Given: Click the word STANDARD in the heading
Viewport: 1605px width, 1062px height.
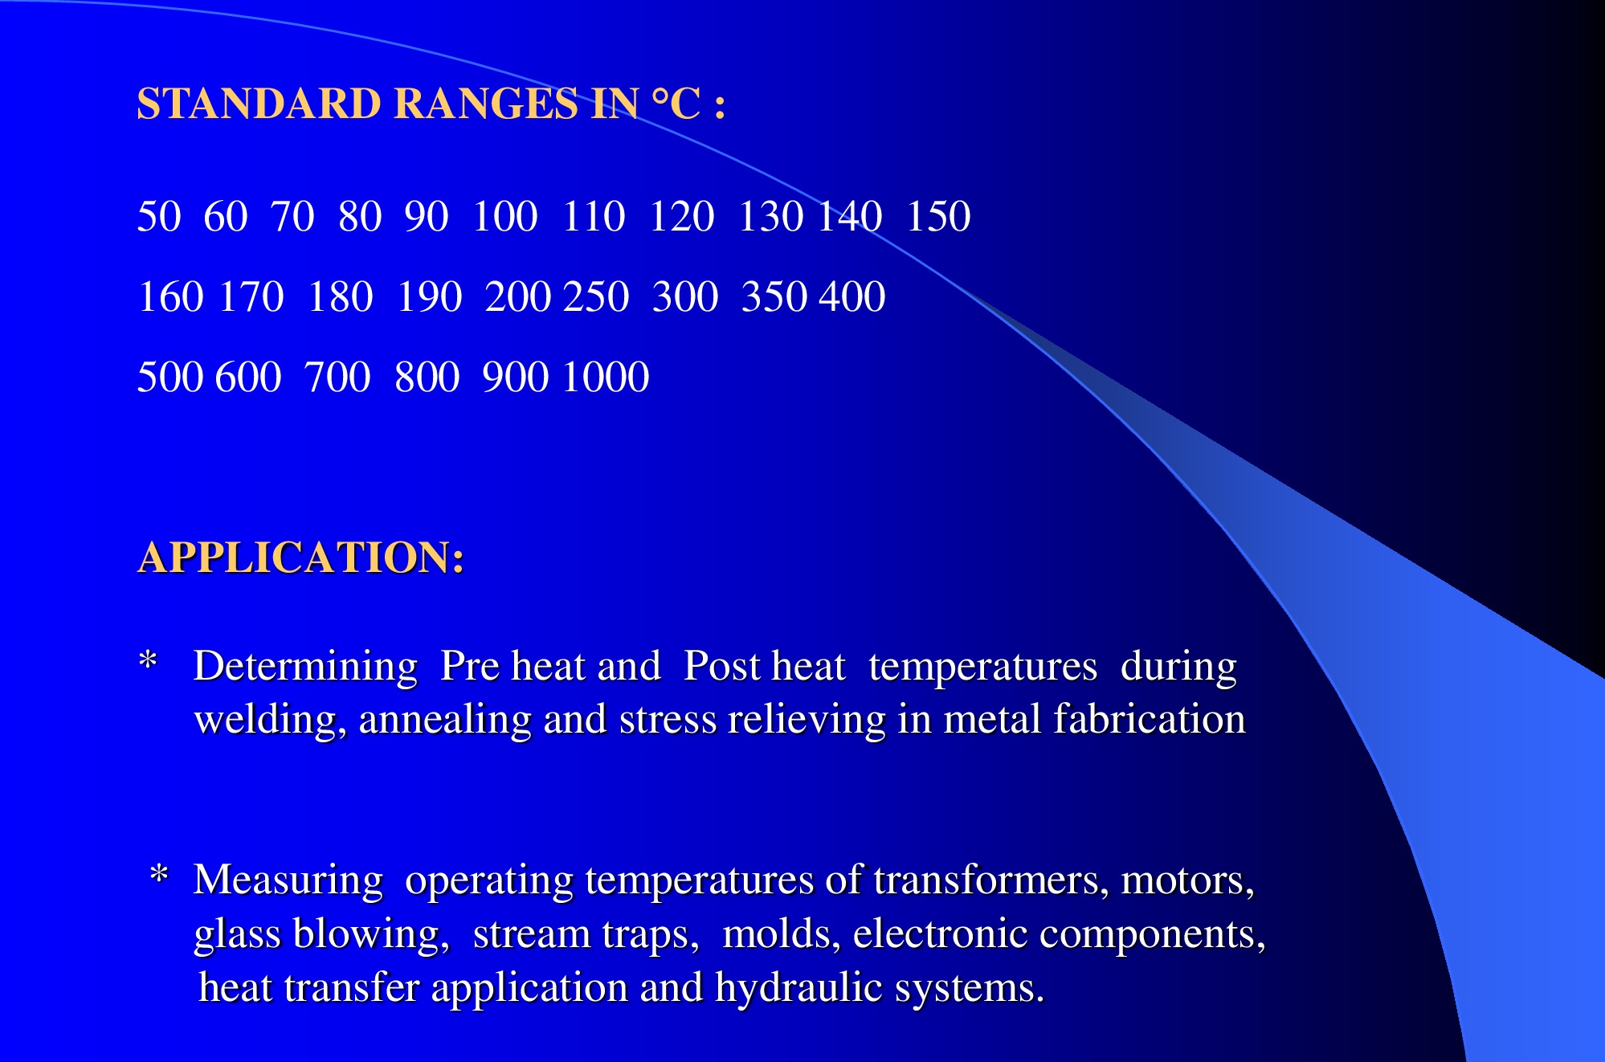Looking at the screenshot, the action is [x=259, y=104].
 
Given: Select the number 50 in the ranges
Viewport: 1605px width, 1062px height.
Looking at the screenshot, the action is [x=159, y=216].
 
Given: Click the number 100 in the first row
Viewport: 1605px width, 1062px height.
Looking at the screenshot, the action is [x=504, y=216].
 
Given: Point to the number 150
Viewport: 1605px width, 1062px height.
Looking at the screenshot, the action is [x=938, y=216].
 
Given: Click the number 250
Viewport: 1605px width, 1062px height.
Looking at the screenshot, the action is [x=597, y=296].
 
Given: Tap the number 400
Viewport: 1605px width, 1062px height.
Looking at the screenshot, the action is [x=852, y=296].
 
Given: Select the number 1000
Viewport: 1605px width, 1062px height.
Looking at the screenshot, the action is [x=606, y=377].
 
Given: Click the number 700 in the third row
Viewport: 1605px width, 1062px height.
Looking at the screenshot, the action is [x=338, y=377].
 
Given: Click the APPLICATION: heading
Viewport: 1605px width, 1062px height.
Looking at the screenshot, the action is [x=301, y=557].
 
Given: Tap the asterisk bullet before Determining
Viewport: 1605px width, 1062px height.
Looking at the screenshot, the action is [x=148, y=661].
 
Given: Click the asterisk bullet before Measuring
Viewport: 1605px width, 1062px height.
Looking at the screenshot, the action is [x=159, y=874].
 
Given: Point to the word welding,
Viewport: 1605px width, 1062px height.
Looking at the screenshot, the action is [x=271, y=719].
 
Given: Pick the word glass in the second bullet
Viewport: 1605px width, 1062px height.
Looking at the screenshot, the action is [x=237, y=934].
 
